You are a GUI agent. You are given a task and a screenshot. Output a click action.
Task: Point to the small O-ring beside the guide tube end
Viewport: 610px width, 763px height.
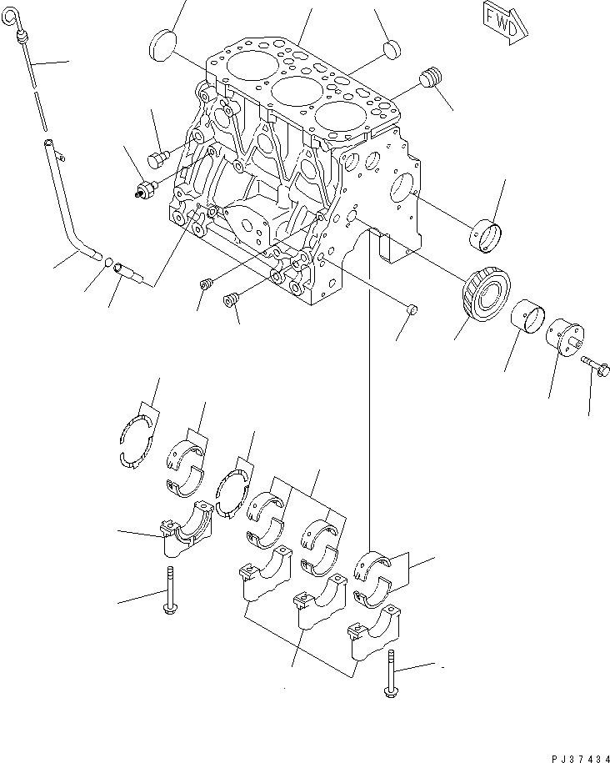coord(108,264)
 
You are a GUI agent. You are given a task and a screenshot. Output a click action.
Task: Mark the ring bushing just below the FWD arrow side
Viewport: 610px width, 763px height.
coord(488,234)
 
